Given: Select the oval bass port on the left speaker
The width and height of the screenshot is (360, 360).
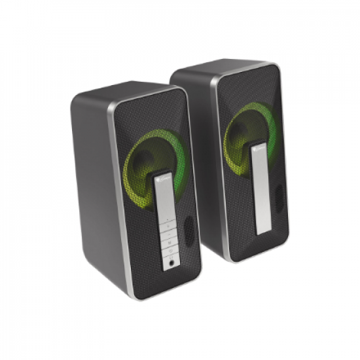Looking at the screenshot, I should [x=189, y=231].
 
